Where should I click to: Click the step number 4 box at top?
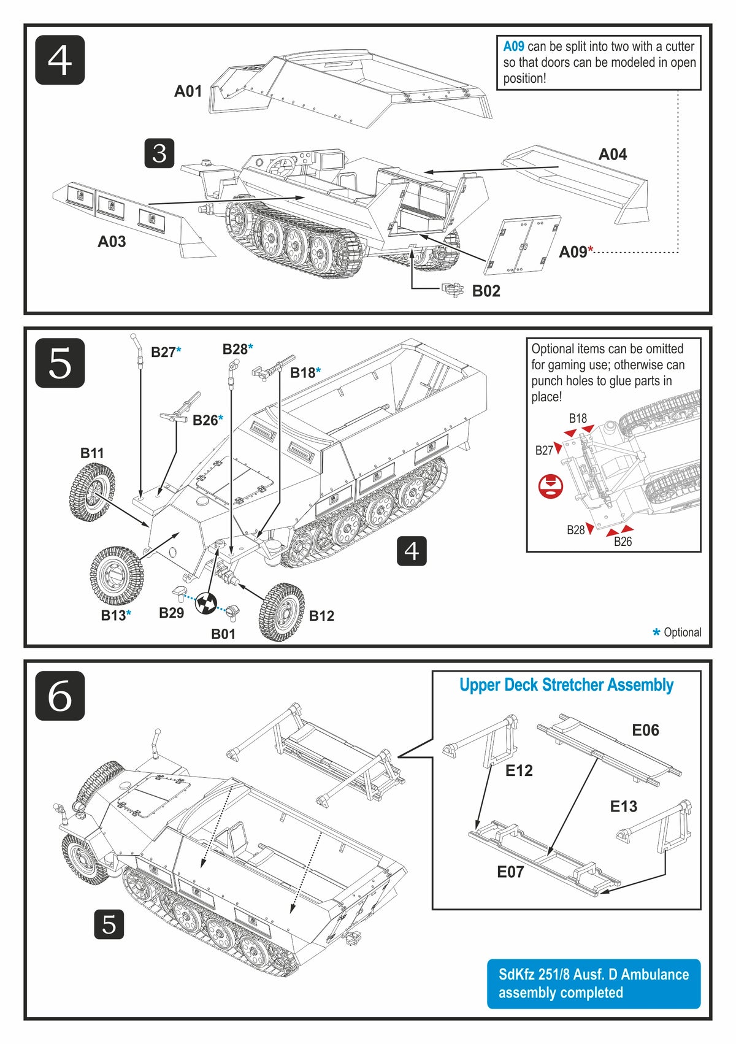(x=59, y=60)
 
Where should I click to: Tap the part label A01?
(x=188, y=91)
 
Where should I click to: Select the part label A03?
(x=112, y=242)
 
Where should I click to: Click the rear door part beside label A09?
(x=523, y=244)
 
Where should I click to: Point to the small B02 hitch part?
(x=453, y=289)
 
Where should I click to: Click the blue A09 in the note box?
(x=513, y=47)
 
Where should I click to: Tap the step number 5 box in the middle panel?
(x=59, y=363)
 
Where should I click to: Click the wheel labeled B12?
(x=282, y=612)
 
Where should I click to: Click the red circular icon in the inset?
(x=551, y=486)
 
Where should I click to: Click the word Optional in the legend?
(x=682, y=632)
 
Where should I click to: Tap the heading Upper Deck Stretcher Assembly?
(x=566, y=685)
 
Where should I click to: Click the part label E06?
(x=645, y=730)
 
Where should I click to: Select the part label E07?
(x=510, y=872)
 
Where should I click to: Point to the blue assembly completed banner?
(x=593, y=983)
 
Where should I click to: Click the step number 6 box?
(x=59, y=696)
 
